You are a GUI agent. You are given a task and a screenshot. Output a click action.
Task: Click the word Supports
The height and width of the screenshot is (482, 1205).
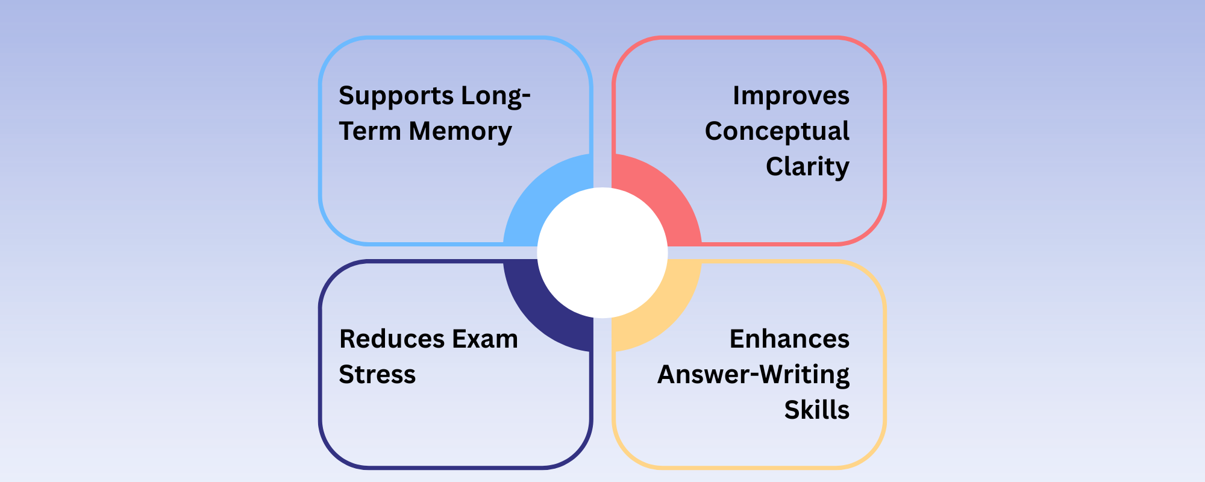click(x=396, y=96)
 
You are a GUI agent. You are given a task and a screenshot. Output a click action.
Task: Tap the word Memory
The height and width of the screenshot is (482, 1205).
click(x=460, y=131)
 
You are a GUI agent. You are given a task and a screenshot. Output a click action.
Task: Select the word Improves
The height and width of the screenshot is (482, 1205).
click(x=790, y=96)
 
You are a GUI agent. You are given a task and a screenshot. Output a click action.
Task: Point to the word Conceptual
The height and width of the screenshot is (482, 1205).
click(x=777, y=131)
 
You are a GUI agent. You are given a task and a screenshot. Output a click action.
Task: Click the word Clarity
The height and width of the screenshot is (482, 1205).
click(x=807, y=167)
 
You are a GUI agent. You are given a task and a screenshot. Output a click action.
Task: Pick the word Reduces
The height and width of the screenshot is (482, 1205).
click(x=390, y=339)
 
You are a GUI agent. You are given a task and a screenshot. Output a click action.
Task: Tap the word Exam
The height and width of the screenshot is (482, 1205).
click(x=485, y=339)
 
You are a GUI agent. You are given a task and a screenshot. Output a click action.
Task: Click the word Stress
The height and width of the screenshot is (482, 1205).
click(x=377, y=375)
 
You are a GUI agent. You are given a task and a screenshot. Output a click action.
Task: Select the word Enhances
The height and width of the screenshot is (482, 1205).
click(x=789, y=339)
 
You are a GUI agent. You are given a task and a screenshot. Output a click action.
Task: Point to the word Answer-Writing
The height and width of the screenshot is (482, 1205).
click(x=753, y=375)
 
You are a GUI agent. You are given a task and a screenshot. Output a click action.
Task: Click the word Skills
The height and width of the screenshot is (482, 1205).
click(x=816, y=410)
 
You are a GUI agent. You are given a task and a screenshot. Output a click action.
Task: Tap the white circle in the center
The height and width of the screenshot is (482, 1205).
click(x=602, y=253)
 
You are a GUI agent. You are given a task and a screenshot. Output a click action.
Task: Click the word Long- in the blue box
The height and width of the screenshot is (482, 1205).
click(x=496, y=96)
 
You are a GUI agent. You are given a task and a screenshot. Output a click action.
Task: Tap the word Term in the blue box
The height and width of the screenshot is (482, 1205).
click(x=369, y=131)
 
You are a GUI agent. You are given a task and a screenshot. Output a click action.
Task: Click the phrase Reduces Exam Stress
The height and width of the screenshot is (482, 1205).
click(x=428, y=357)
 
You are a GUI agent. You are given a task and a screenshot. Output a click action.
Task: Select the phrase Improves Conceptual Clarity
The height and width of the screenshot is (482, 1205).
click(x=777, y=131)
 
